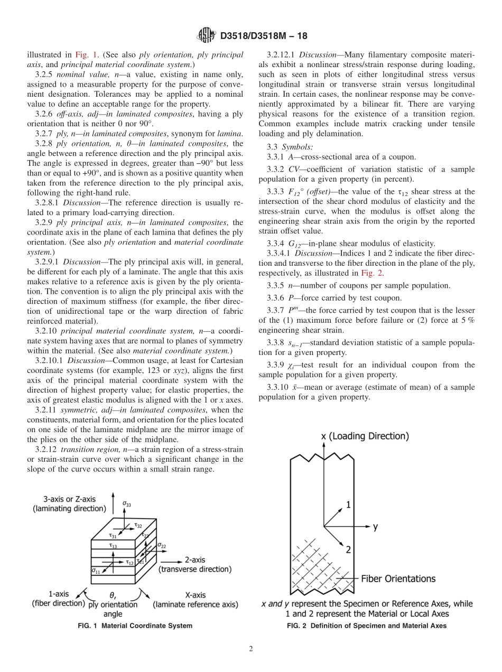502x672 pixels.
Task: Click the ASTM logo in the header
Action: point(206,36)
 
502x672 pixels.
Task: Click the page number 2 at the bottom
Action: point(251,648)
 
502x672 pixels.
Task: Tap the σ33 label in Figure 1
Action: point(127,504)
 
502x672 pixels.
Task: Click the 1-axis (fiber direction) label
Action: point(58,599)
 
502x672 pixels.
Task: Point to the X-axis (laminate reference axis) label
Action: point(196,599)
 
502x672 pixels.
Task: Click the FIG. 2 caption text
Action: point(366,626)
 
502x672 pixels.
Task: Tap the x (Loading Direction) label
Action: point(365,436)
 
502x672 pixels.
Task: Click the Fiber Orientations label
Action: point(398,578)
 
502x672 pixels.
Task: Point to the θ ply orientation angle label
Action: point(113,604)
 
